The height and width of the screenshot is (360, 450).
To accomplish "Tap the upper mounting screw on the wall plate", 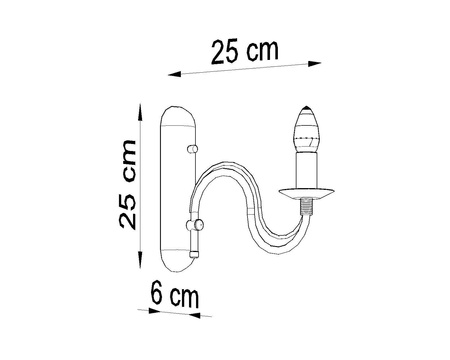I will [190, 149].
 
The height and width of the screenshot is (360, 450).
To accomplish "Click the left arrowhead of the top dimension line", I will [171, 75].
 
